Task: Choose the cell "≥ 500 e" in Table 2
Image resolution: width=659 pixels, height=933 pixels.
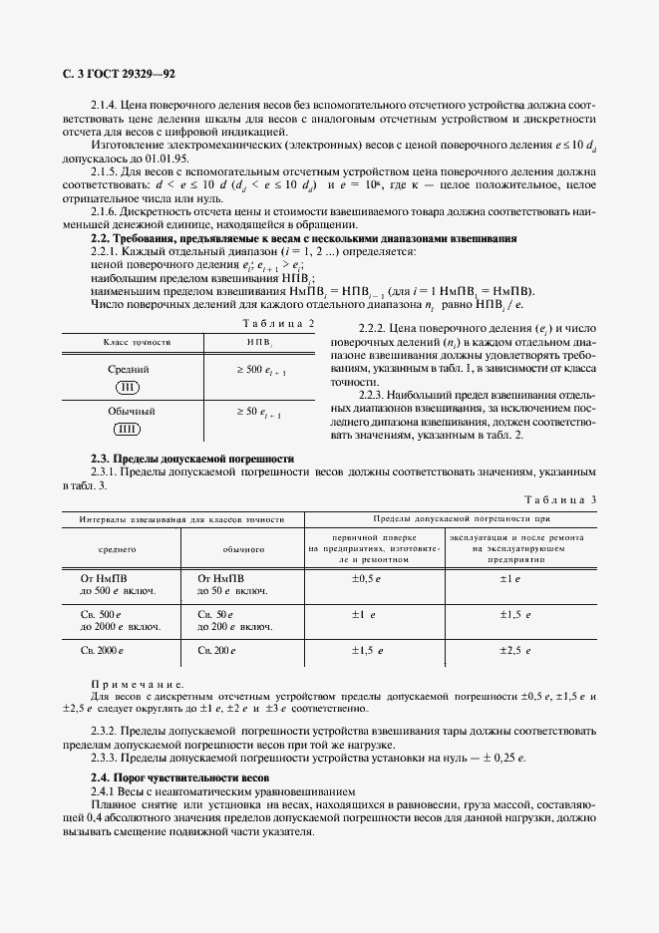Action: tap(260, 371)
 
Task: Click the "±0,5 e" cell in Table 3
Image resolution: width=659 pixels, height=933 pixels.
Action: tap(367, 578)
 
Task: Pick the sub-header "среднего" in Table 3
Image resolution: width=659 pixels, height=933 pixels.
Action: tap(117, 548)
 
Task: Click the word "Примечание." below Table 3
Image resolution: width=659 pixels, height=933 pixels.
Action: tap(138, 684)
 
